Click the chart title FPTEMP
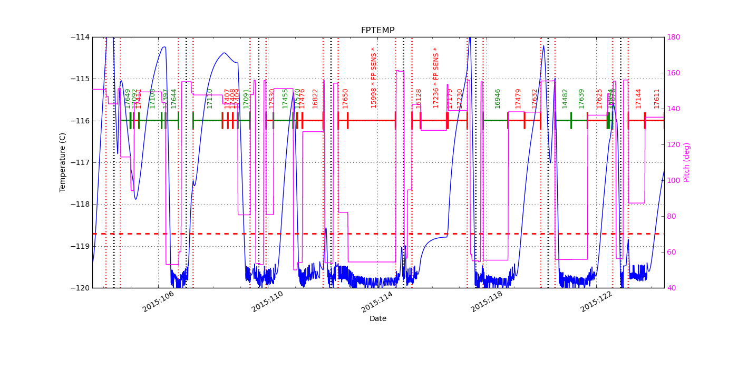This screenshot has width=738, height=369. point(377,31)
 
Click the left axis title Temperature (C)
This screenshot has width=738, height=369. point(63,162)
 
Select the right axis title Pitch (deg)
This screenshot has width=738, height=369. point(687,162)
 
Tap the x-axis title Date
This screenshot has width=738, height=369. point(377,319)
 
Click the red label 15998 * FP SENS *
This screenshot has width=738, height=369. point(374,78)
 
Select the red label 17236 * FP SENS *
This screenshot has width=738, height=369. point(436,78)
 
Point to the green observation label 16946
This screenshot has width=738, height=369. point(498,99)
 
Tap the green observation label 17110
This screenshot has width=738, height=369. point(210,99)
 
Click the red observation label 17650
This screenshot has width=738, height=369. point(345,99)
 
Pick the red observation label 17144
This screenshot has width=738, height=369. point(638,99)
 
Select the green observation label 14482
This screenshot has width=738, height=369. point(565,99)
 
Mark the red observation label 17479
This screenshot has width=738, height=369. point(518,99)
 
